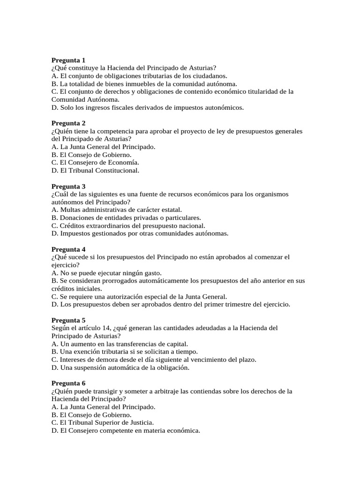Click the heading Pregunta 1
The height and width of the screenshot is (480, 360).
68,60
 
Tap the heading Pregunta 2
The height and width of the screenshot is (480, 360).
68,123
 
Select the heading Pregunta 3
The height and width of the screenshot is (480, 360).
68,186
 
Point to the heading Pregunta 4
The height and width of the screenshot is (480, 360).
68,249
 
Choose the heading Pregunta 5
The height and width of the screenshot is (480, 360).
68,320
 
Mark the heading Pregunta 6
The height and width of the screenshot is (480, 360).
68,383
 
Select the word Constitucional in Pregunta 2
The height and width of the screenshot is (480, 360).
117,171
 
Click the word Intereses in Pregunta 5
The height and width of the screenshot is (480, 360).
73,360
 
